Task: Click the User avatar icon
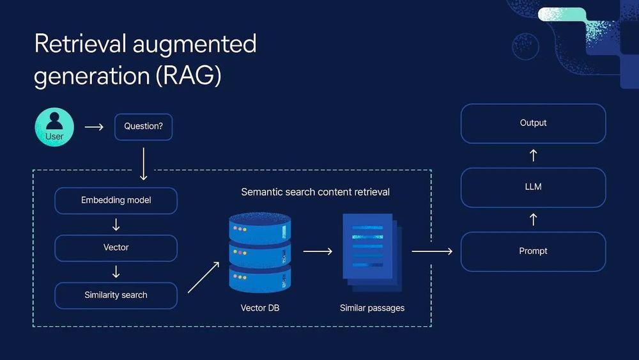54,127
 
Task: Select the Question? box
143,127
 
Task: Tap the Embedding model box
116,201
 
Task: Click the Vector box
116,247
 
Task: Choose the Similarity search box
116,295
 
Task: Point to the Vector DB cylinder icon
259,253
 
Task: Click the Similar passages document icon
370,251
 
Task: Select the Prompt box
533,251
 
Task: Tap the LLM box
533,187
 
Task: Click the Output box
533,123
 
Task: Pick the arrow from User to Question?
94,127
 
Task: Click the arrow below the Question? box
143,164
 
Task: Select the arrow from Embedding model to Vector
116,224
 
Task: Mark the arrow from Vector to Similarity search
116,272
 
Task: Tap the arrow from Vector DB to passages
318,251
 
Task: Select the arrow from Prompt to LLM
534,219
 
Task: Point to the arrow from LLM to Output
534,155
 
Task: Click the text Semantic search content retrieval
315,192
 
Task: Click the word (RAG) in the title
188,76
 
